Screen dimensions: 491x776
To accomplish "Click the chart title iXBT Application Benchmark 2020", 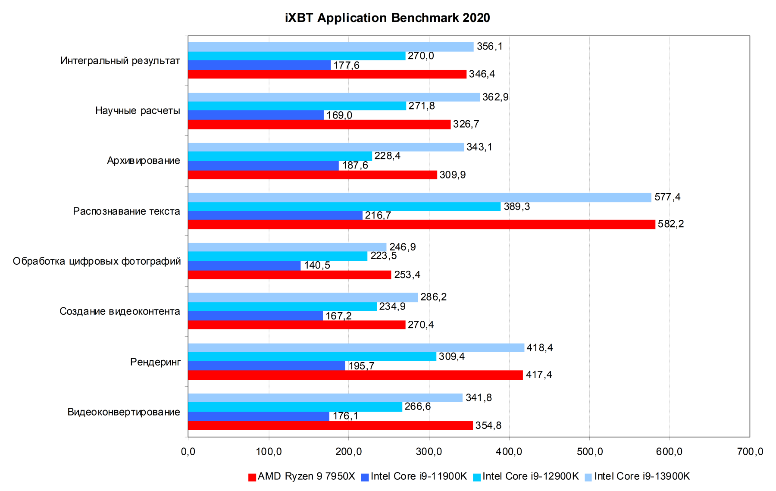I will tap(387, 18).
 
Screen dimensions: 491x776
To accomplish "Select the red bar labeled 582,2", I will tap(421, 224).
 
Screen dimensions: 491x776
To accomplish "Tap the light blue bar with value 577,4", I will tap(419, 197).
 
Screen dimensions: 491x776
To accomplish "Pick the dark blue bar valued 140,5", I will tap(244, 266).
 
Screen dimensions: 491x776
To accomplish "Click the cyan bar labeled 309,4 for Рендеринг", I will tap(312, 357).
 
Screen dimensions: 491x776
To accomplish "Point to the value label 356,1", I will tap(489, 47).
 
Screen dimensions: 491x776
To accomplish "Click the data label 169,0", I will tap(339, 116).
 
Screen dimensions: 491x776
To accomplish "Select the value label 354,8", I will tap(488, 425).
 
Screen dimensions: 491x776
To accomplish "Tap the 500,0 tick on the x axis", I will tap(589, 451).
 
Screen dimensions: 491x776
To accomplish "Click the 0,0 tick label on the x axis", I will tap(188, 451).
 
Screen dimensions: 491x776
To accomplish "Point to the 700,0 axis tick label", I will tap(750, 451).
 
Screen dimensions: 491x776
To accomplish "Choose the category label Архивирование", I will tap(144, 161).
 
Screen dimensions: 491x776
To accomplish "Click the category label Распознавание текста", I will tap(126, 211).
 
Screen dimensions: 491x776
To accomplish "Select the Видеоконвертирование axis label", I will tap(124, 412).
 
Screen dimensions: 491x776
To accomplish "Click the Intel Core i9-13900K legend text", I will tap(642, 476).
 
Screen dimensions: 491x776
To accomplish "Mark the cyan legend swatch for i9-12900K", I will tap(477, 477).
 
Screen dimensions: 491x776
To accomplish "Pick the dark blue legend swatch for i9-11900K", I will tap(365, 477).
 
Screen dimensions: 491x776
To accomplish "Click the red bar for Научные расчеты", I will tap(319, 125).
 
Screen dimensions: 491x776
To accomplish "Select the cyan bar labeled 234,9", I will tap(282, 306).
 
